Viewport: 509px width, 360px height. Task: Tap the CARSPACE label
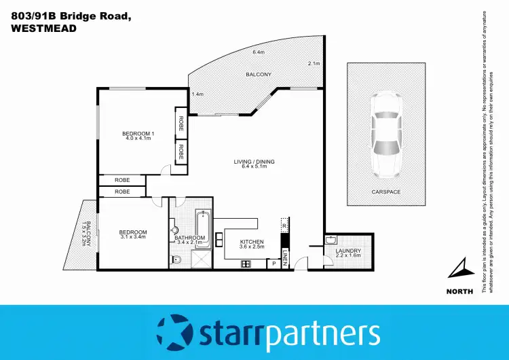tap(385, 192)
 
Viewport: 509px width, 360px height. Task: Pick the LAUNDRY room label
tap(348, 251)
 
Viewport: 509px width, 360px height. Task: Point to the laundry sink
tap(332, 240)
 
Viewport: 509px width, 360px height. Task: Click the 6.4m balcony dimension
tap(259, 52)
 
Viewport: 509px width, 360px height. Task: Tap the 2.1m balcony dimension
tap(313, 64)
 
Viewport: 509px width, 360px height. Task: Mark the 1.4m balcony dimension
tap(197, 94)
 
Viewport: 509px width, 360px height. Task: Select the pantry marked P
tap(274, 262)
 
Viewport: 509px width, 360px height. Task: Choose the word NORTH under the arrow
tap(460, 293)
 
